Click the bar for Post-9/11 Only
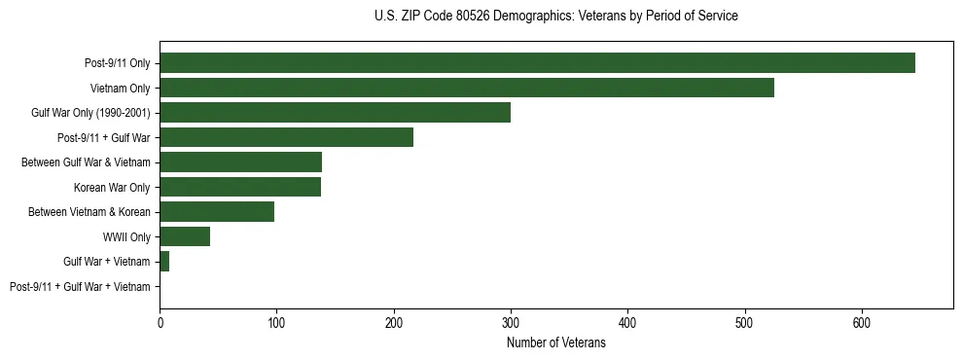click(x=537, y=63)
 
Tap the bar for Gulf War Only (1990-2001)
click(x=335, y=113)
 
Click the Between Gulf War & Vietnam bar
click(x=240, y=162)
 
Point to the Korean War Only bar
click(x=240, y=187)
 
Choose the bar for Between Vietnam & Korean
click(x=217, y=212)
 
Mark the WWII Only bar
click(x=185, y=236)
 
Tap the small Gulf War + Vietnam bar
click(x=164, y=262)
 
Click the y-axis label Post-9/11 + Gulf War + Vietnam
click(x=80, y=287)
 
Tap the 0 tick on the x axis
click(x=160, y=322)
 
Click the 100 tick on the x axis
click(x=276, y=322)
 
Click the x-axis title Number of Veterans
click(x=555, y=342)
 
